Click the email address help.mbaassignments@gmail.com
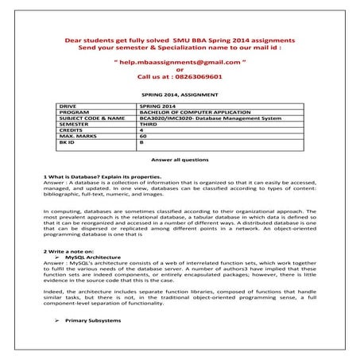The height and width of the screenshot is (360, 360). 179,60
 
